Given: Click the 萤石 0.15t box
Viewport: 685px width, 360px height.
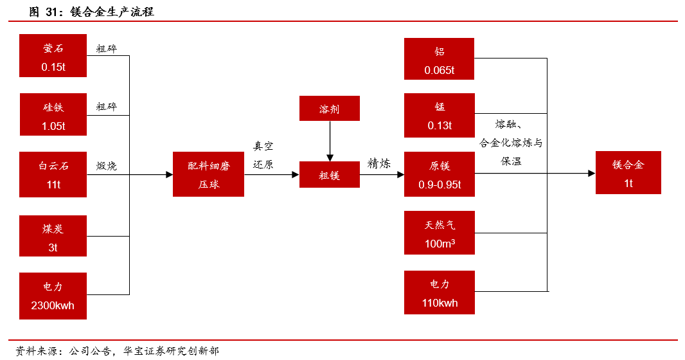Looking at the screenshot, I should click(x=53, y=56).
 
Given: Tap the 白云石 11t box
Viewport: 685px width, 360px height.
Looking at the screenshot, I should click(x=53, y=174).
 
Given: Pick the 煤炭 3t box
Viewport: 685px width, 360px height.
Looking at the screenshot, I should click(x=53, y=237).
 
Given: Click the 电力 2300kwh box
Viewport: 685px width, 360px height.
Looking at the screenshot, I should click(x=53, y=296).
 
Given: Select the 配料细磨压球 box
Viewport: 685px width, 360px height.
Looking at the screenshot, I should click(x=208, y=174).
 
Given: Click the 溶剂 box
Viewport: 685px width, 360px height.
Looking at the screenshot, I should click(x=330, y=109).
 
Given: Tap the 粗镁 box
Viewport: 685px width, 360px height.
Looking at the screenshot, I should click(x=330, y=175).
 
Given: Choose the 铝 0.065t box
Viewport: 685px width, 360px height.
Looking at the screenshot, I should click(x=439, y=59).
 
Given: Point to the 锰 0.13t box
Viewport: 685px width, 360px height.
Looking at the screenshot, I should click(x=439, y=115).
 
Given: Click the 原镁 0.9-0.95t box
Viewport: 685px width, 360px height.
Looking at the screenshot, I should click(x=439, y=174).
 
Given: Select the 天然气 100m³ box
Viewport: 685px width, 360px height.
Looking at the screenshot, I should click(x=439, y=233).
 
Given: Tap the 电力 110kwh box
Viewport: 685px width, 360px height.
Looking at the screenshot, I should click(x=439, y=292).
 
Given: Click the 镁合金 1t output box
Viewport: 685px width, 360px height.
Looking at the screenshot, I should click(x=628, y=172).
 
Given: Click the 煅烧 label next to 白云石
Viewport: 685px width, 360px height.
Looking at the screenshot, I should click(x=107, y=165).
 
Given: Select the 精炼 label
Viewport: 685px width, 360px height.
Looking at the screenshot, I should click(x=379, y=163).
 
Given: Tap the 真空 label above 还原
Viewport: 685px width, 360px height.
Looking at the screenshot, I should click(x=263, y=147).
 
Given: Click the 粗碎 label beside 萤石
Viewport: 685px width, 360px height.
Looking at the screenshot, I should click(x=107, y=48).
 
